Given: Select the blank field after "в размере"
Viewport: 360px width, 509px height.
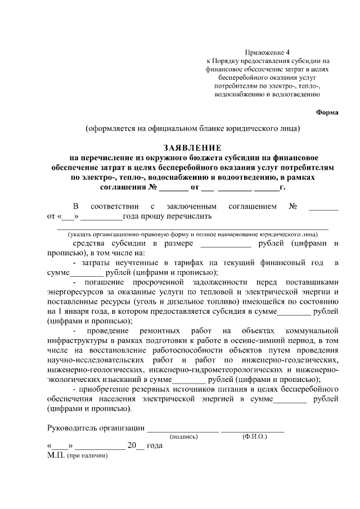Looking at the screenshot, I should tap(226, 244).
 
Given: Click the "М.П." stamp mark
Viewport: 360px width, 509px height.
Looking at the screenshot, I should tap(56, 455).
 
